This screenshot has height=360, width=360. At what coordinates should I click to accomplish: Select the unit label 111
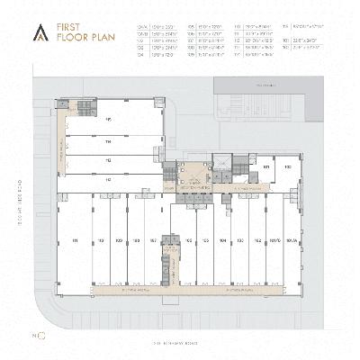(76, 240)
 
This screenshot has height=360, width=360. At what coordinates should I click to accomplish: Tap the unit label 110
(102, 240)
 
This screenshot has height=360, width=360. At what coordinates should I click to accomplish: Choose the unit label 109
(119, 240)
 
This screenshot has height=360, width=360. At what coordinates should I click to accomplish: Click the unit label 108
(136, 240)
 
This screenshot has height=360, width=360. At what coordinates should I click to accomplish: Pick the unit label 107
(153, 240)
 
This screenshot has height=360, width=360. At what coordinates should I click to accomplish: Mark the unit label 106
(190, 240)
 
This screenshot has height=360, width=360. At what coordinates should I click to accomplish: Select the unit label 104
(223, 240)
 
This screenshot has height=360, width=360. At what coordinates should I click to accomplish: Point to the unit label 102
(256, 240)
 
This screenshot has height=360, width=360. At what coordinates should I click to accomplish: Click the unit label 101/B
(274, 240)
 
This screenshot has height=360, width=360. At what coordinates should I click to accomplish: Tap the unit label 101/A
(290, 240)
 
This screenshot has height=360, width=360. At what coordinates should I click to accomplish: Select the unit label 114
(108, 142)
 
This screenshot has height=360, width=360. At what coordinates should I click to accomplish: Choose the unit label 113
(108, 160)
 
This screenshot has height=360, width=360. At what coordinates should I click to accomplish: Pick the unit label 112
(108, 180)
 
